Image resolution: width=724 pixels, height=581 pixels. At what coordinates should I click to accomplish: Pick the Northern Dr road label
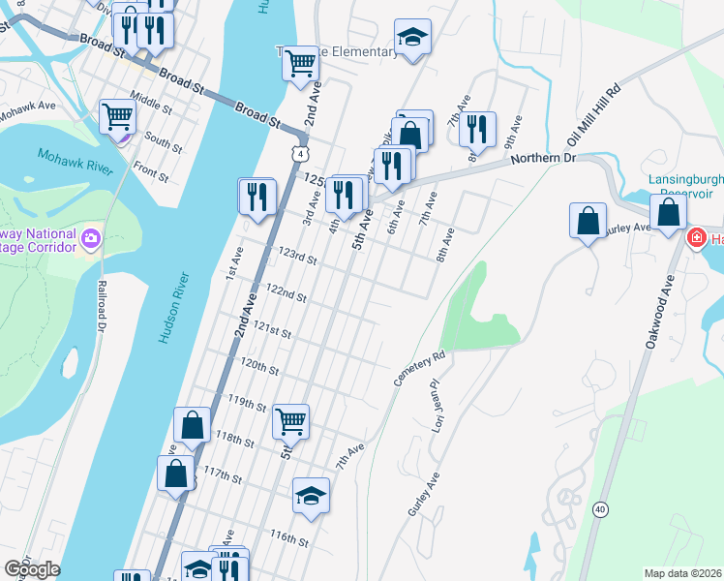(543, 158)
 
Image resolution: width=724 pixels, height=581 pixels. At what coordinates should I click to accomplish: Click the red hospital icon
(696, 238)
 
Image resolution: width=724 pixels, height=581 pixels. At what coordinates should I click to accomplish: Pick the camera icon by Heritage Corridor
(90, 237)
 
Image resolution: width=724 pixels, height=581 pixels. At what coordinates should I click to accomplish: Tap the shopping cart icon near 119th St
(291, 421)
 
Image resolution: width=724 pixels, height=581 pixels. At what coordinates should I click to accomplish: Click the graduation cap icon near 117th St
(311, 496)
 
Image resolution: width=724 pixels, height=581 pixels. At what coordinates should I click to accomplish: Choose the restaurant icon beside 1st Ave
(256, 196)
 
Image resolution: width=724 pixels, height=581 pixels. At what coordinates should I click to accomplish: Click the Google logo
(32, 569)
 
